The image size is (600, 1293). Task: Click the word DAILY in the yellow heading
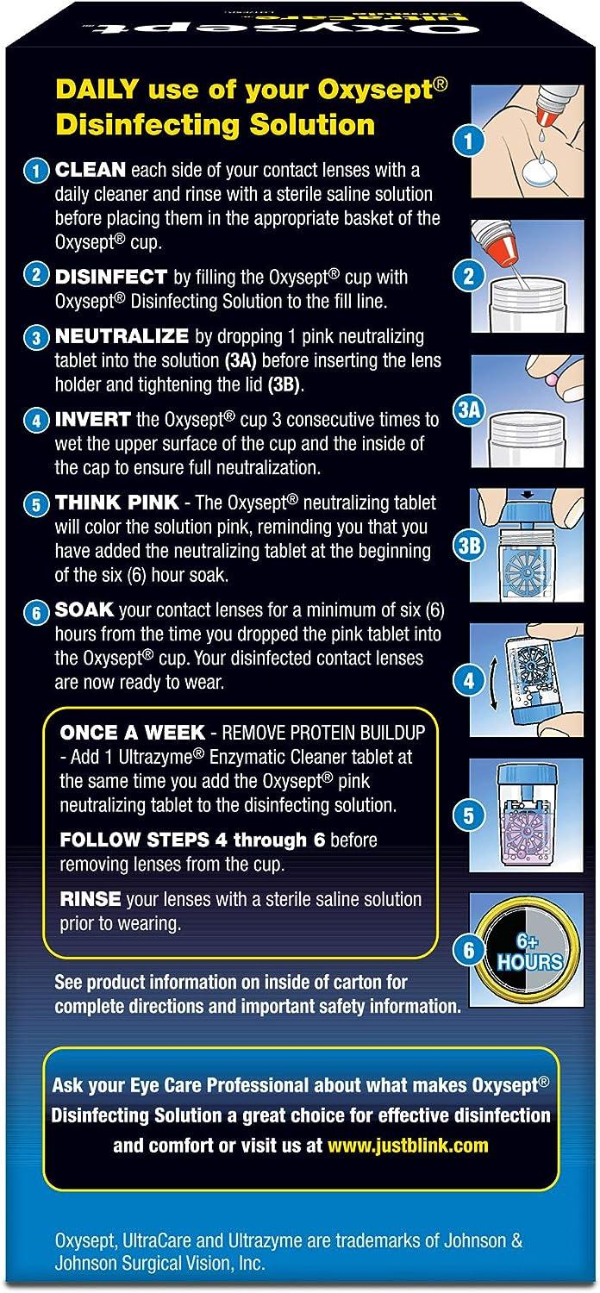tap(97, 90)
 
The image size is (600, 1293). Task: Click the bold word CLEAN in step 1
tap(91, 170)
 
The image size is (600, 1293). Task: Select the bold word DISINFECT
tap(111, 277)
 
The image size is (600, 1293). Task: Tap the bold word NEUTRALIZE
tap(122, 336)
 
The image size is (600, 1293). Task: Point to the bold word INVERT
tap(92, 419)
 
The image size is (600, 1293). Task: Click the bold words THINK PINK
tap(116, 503)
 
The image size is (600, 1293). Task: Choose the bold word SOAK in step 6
tap(84, 609)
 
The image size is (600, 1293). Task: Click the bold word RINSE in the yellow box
tap(91, 899)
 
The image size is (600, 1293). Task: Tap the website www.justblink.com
tap(408, 1145)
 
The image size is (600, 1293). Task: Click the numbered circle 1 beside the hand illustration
tap(468, 141)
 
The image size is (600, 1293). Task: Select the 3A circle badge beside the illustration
tap(468, 409)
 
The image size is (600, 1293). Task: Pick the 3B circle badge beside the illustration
tap(468, 545)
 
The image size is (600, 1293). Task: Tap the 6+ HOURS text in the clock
tap(528, 952)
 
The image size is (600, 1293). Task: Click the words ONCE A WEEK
tap(132, 733)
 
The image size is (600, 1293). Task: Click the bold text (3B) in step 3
tap(284, 384)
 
